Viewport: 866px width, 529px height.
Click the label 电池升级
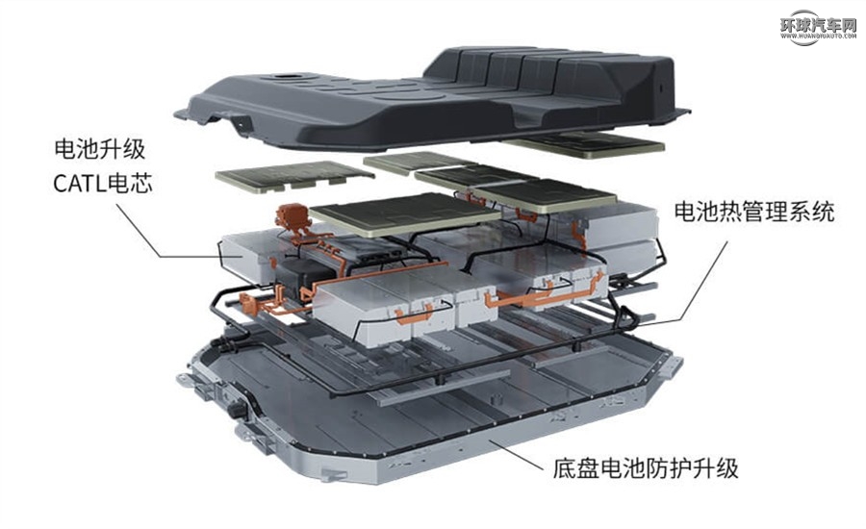(100, 149)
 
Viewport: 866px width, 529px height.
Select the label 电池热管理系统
(753, 212)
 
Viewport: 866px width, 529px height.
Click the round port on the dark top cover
(287, 76)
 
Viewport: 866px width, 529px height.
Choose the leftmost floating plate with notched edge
(294, 176)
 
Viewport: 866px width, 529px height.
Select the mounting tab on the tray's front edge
(335, 475)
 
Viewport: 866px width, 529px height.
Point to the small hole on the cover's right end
(658, 88)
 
